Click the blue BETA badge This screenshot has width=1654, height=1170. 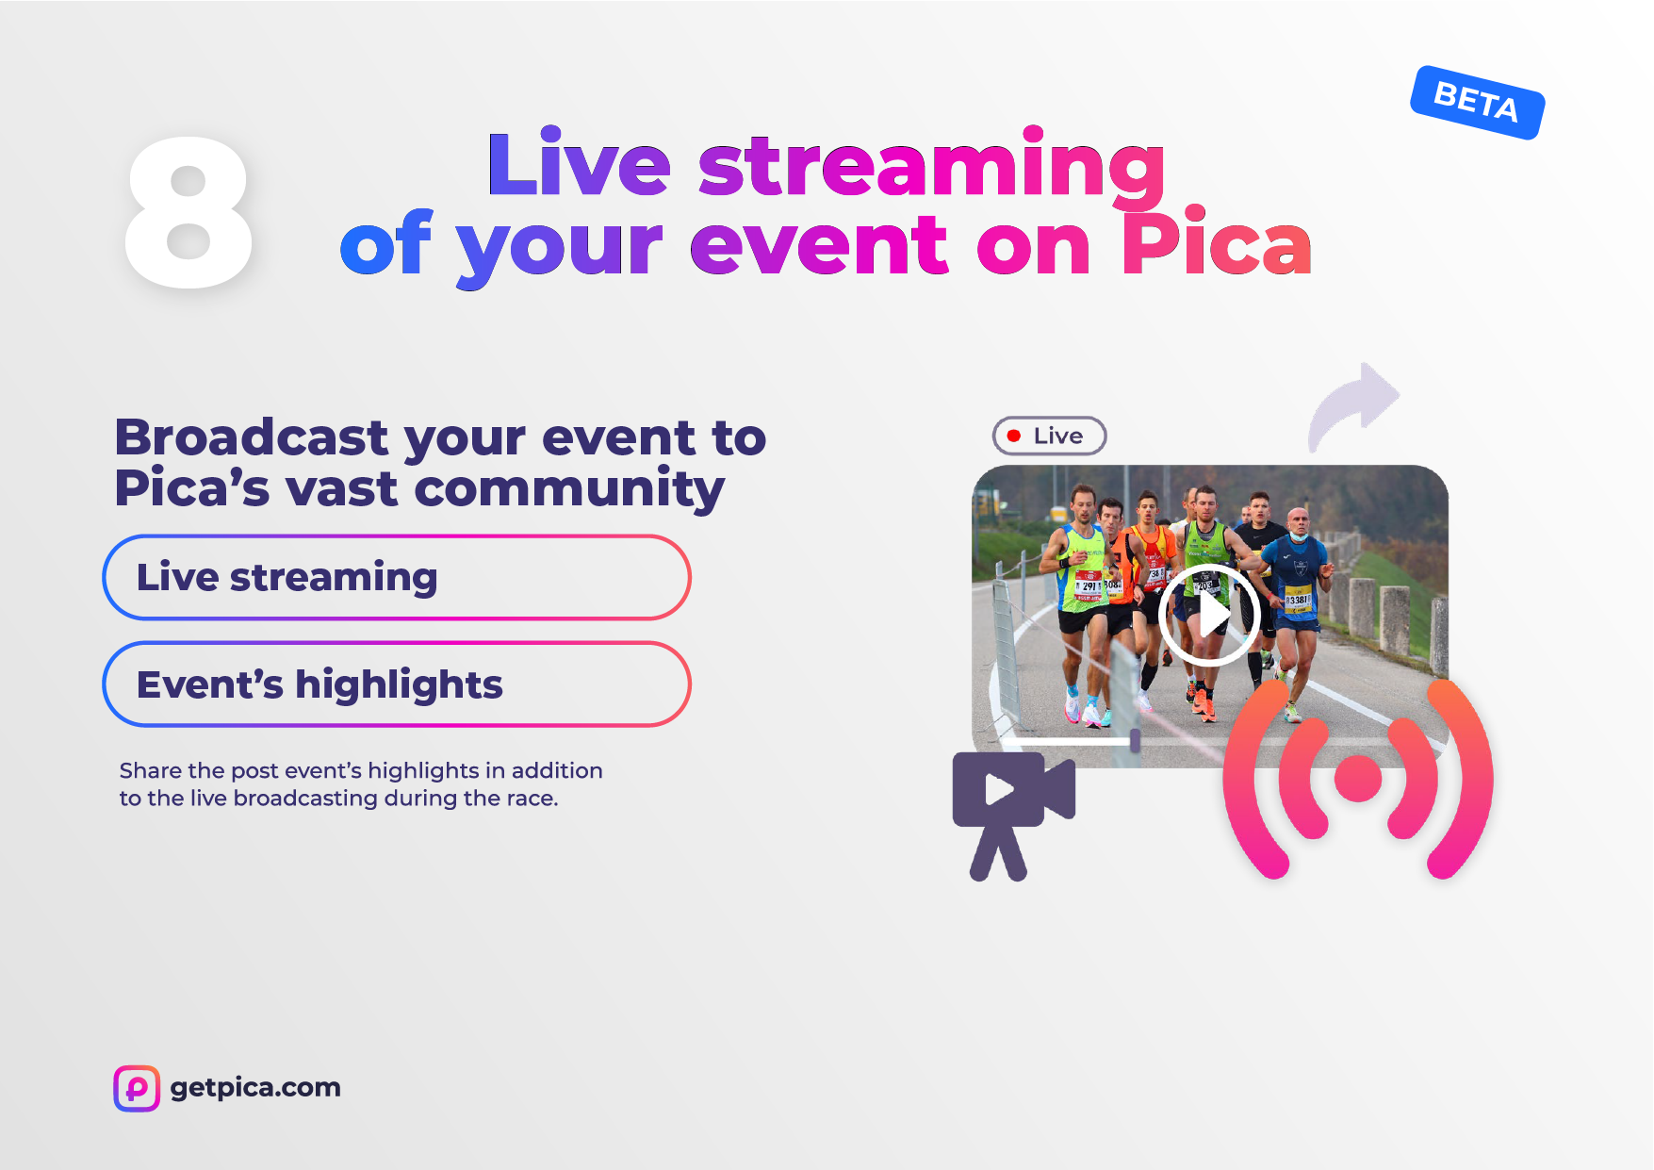(x=1477, y=102)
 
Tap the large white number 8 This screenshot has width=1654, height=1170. (x=188, y=212)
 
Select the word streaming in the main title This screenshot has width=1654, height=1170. (x=931, y=166)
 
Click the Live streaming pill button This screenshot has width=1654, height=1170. (x=397, y=577)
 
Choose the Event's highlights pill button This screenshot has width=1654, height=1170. (x=397, y=684)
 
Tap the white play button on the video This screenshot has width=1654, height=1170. (x=1209, y=616)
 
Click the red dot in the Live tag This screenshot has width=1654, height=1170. (x=1014, y=436)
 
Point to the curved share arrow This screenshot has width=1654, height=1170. (x=1352, y=405)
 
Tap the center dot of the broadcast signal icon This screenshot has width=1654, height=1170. (x=1358, y=779)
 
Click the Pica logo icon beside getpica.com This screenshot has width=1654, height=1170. (x=137, y=1088)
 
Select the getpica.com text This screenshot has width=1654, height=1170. (x=255, y=1088)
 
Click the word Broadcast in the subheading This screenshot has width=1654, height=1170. (x=252, y=437)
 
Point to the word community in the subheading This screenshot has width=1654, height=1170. (x=569, y=489)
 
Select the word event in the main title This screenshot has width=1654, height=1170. (x=819, y=245)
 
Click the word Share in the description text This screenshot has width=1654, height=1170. (x=151, y=770)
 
